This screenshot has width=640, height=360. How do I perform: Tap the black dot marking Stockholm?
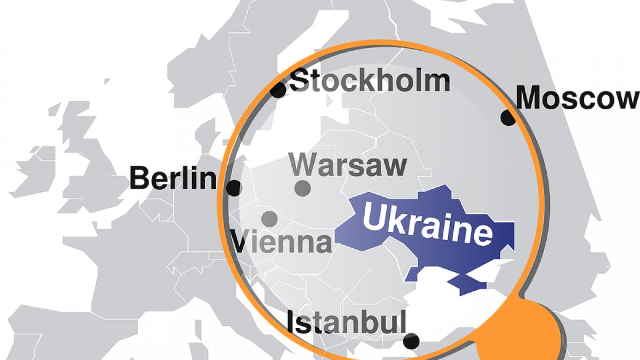coord(278,90)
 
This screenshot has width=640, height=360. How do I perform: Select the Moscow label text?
coord(578,99)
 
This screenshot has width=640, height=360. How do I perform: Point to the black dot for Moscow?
coord(508,118)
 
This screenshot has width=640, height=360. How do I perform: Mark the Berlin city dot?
coord(234,188)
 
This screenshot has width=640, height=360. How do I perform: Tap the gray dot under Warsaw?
coord(302,188)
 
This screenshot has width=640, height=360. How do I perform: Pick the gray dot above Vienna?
coord(269,218)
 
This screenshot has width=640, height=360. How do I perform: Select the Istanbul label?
coord(346,323)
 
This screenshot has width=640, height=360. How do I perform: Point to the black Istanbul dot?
coord(411,341)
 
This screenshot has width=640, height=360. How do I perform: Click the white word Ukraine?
coord(427,225)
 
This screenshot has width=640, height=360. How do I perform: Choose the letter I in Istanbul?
coord(291,323)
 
